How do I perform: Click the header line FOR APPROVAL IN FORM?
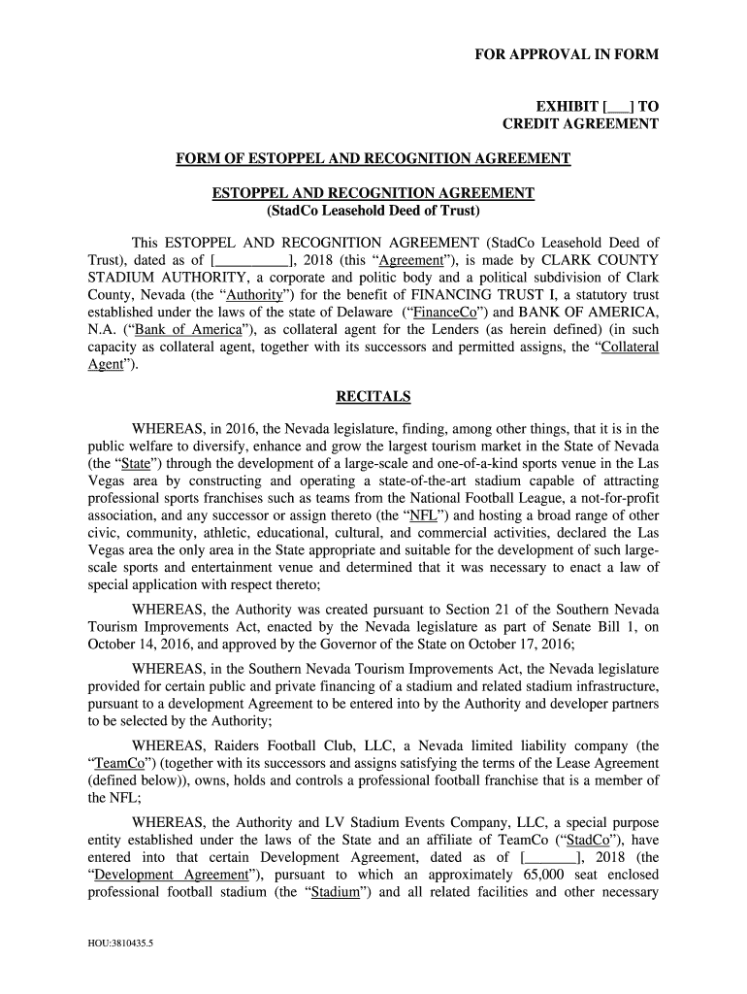click(566, 55)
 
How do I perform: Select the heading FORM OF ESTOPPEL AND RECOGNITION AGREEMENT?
click(373, 158)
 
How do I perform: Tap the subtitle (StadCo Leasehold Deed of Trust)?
click(373, 211)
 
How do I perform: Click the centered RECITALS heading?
click(373, 397)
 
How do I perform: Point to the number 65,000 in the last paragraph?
click(543, 875)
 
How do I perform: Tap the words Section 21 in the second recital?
click(475, 609)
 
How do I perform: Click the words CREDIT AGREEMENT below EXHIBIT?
click(580, 124)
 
